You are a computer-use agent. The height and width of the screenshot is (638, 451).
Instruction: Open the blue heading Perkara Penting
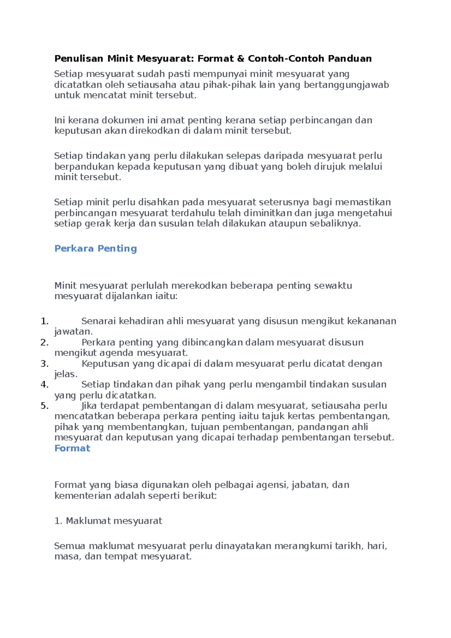coord(95,248)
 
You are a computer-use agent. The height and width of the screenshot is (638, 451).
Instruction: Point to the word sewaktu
coord(333,286)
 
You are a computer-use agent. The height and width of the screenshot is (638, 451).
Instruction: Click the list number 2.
coord(44,342)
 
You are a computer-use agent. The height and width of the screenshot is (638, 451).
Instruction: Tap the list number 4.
coord(44,384)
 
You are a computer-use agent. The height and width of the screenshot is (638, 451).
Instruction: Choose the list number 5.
coord(44,406)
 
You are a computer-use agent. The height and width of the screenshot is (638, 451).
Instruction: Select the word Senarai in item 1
coord(98,321)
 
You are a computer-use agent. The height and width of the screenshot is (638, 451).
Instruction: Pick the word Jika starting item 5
coord(89,406)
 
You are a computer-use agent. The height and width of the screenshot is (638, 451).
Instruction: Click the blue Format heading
coord(72,448)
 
